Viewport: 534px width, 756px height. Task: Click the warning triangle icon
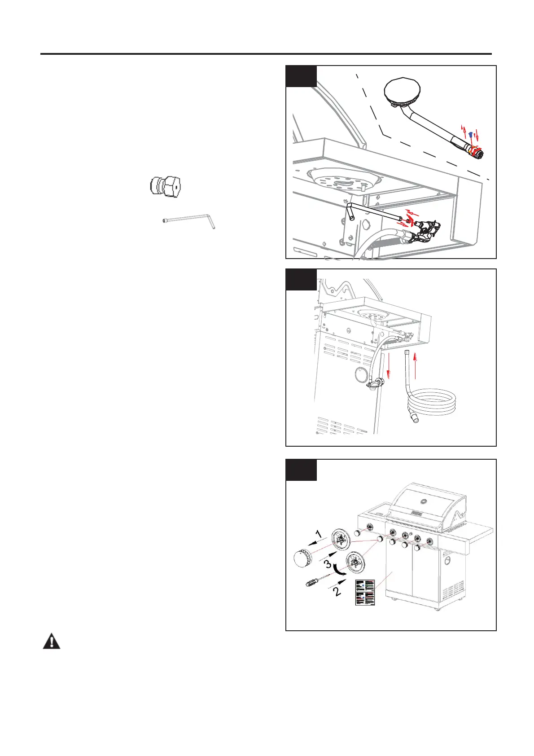pyautogui.click(x=52, y=642)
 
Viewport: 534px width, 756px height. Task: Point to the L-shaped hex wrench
pyautogui.click(x=188, y=221)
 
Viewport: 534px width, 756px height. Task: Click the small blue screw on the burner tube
pyautogui.click(x=469, y=134)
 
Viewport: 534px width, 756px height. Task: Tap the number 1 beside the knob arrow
pyautogui.click(x=318, y=534)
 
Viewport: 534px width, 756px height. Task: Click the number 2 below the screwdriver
pyautogui.click(x=337, y=591)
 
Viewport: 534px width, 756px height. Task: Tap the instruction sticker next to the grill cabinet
pyautogui.click(x=365, y=592)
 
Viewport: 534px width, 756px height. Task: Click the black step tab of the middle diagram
pyautogui.click(x=301, y=280)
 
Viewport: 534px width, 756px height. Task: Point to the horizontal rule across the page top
pyautogui.click(x=266, y=54)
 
